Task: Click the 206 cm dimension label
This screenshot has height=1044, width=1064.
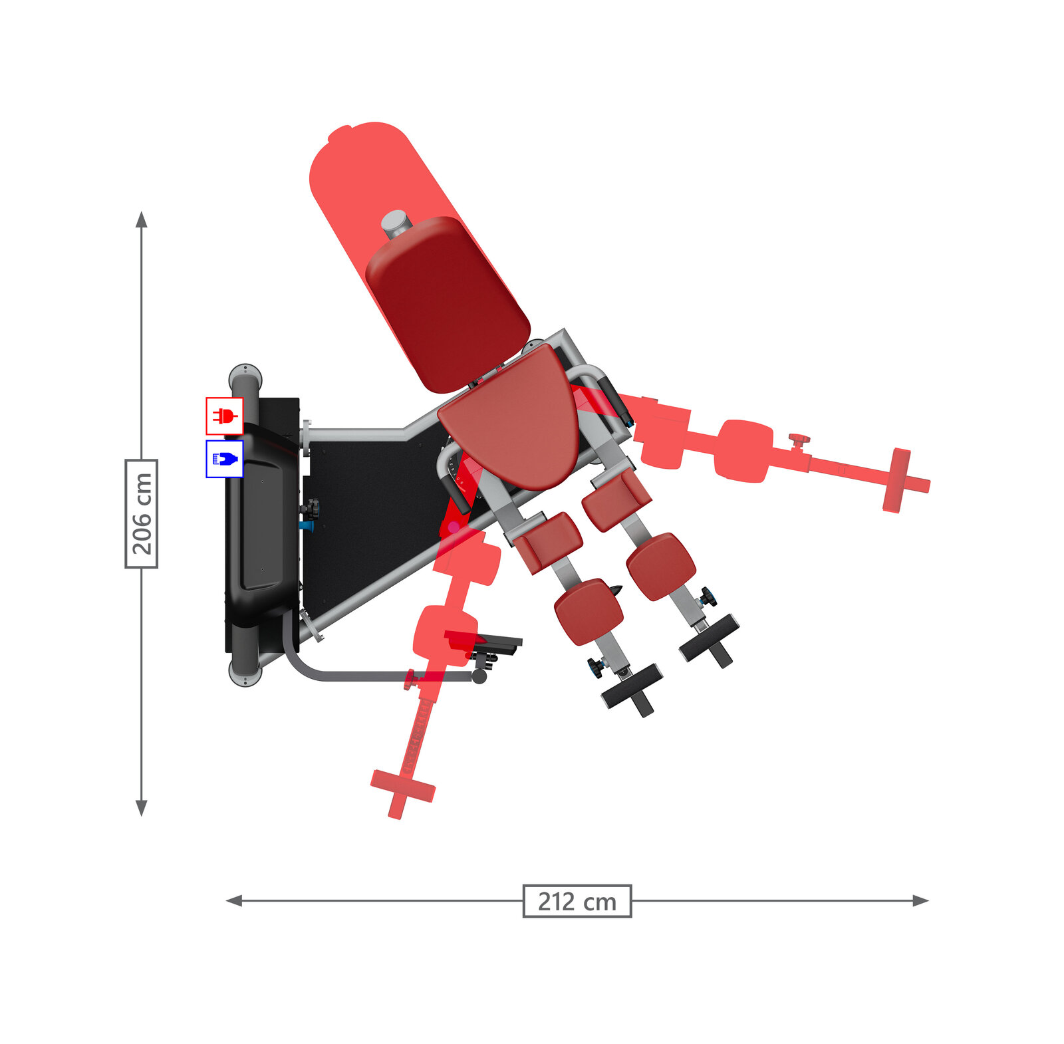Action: (x=141, y=513)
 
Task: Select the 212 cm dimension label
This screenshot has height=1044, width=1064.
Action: (x=577, y=901)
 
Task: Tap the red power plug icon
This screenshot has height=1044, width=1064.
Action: (x=224, y=416)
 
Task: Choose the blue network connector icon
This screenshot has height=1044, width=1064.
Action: (x=224, y=459)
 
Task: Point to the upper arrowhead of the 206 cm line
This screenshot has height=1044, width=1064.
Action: (x=141, y=219)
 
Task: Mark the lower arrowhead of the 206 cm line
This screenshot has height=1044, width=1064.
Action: (x=141, y=808)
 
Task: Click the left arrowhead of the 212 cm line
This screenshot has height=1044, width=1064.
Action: (x=234, y=901)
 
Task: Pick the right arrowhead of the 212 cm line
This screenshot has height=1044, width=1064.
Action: (x=920, y=901)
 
